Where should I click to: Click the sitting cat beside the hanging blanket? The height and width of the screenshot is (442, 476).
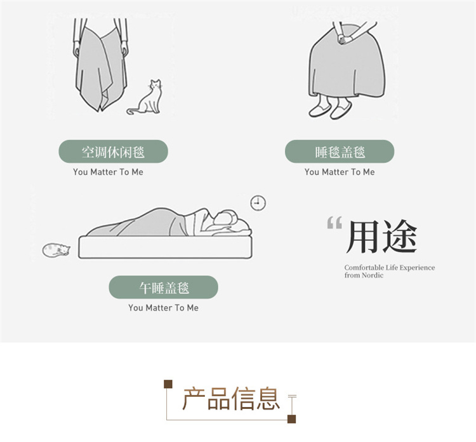coord(147,99)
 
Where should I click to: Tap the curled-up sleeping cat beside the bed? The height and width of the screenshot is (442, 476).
coord(56,250)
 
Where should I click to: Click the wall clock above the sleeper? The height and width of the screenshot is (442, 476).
coord(258,203)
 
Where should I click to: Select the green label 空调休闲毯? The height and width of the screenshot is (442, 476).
coord(113,151)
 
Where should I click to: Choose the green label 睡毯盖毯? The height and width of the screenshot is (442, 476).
coord(340,151)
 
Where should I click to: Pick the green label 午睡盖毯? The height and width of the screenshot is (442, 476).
coord(164,287)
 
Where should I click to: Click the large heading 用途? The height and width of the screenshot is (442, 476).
coord(381,237)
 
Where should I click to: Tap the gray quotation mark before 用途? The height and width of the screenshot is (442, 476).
coord(334,223)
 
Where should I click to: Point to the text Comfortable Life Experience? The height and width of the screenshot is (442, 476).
coord(390,268)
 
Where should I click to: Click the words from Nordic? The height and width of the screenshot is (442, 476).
coord(364,275)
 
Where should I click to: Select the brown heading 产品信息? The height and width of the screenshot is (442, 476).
coord(231,399)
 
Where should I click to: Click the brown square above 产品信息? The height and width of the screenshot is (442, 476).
coord(168,384)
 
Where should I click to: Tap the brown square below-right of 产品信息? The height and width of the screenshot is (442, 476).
coord(292,419)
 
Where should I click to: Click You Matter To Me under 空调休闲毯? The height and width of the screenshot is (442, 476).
coord(108,172)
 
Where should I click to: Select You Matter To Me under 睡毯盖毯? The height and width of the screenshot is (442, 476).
coord(340,172)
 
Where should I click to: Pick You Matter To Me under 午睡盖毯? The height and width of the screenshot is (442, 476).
coord(163,308)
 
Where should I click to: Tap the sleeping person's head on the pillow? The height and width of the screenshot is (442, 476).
coord(226,218)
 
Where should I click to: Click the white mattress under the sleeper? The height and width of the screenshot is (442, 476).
coord(165,247)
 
